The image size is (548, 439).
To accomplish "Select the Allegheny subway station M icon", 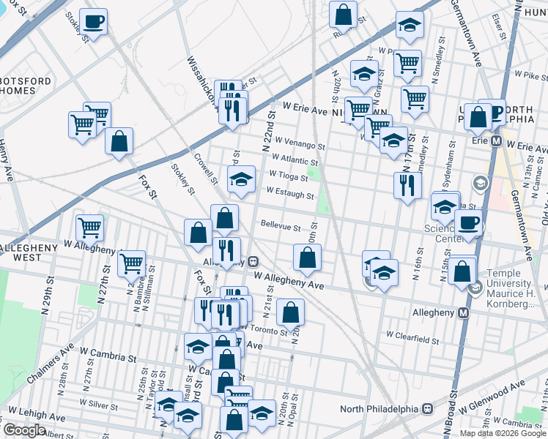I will click(462, 312).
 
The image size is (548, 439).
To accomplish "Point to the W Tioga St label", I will click(289, 176).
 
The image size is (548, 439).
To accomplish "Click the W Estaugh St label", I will click(290, 195).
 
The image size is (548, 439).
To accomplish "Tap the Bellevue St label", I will click(281, 225).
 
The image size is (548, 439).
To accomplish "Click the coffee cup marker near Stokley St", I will click(93, 22).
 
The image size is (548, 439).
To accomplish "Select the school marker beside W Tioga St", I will click(240, 179).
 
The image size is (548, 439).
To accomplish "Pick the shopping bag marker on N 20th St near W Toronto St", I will click(291, 312).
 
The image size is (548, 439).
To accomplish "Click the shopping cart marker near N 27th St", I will click(131, 263).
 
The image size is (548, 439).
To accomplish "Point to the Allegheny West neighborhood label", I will click(28, 253).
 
